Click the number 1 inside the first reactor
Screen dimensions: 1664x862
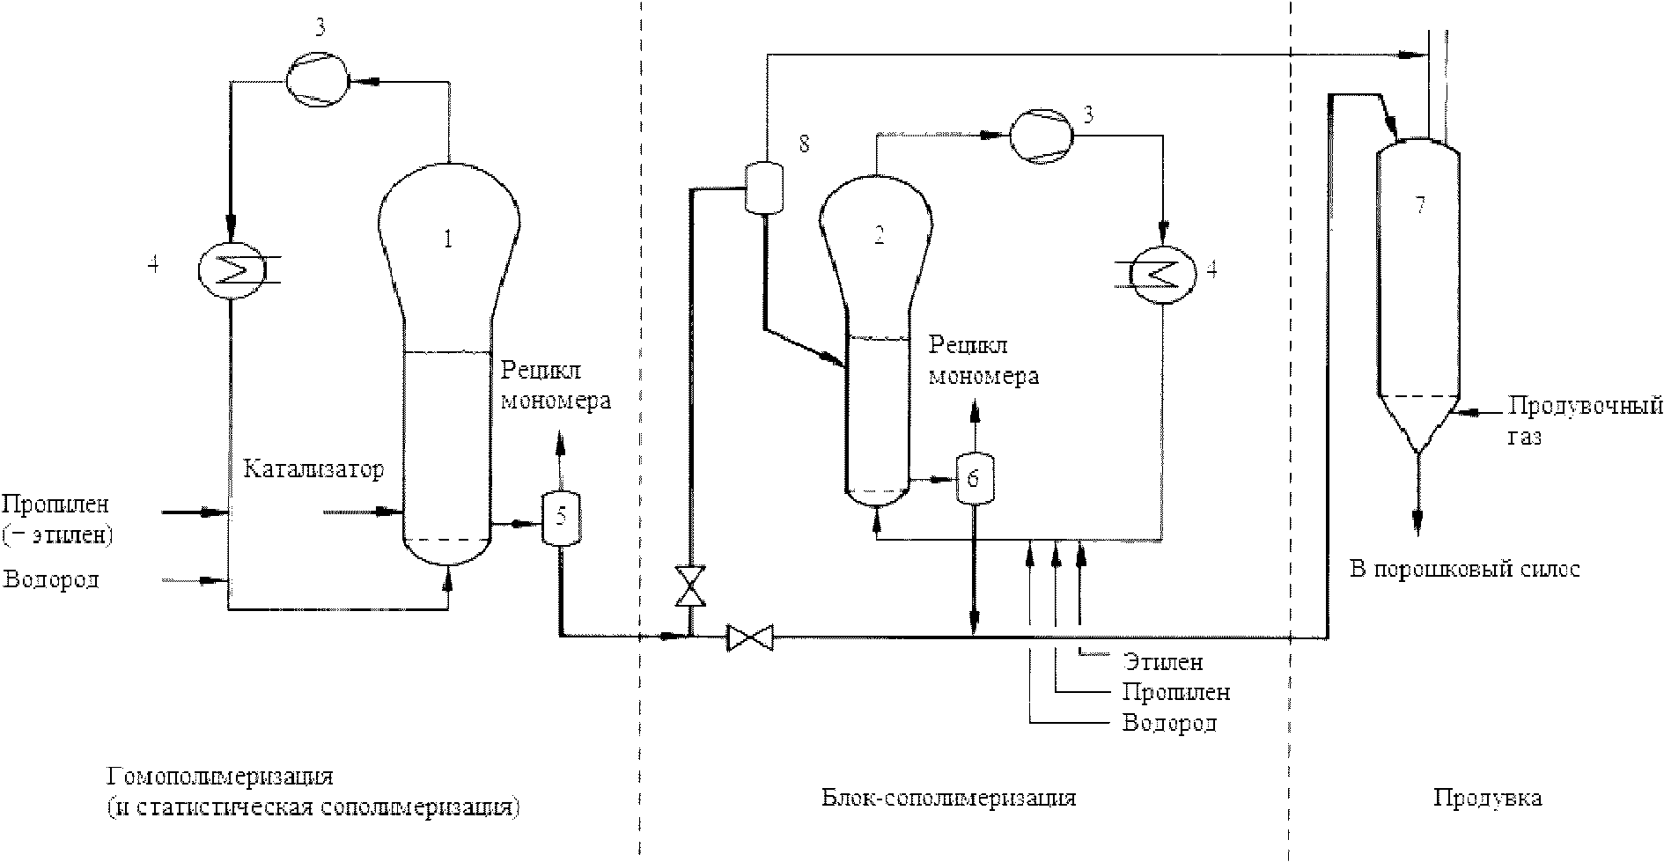click(x=449, y=239)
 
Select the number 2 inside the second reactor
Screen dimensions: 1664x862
click(x=878, y=235)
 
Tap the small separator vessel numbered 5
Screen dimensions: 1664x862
click(x=561, y=519)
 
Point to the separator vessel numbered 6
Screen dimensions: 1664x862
click(x=973, y=477)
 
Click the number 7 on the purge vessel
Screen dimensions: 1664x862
click(x=1419, y=206)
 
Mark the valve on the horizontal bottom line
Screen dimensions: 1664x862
click(x=750, y=637)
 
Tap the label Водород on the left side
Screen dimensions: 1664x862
click(x=51, y=579)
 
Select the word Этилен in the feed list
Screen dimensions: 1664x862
click(x=1162, y=661)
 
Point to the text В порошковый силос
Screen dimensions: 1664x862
click(x=1464, y=569)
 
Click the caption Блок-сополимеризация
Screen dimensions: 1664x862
click(x=948, y=798)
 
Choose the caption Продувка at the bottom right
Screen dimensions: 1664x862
click(x=1487, y=798)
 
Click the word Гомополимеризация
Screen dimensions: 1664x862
click(x=220, y=777)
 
